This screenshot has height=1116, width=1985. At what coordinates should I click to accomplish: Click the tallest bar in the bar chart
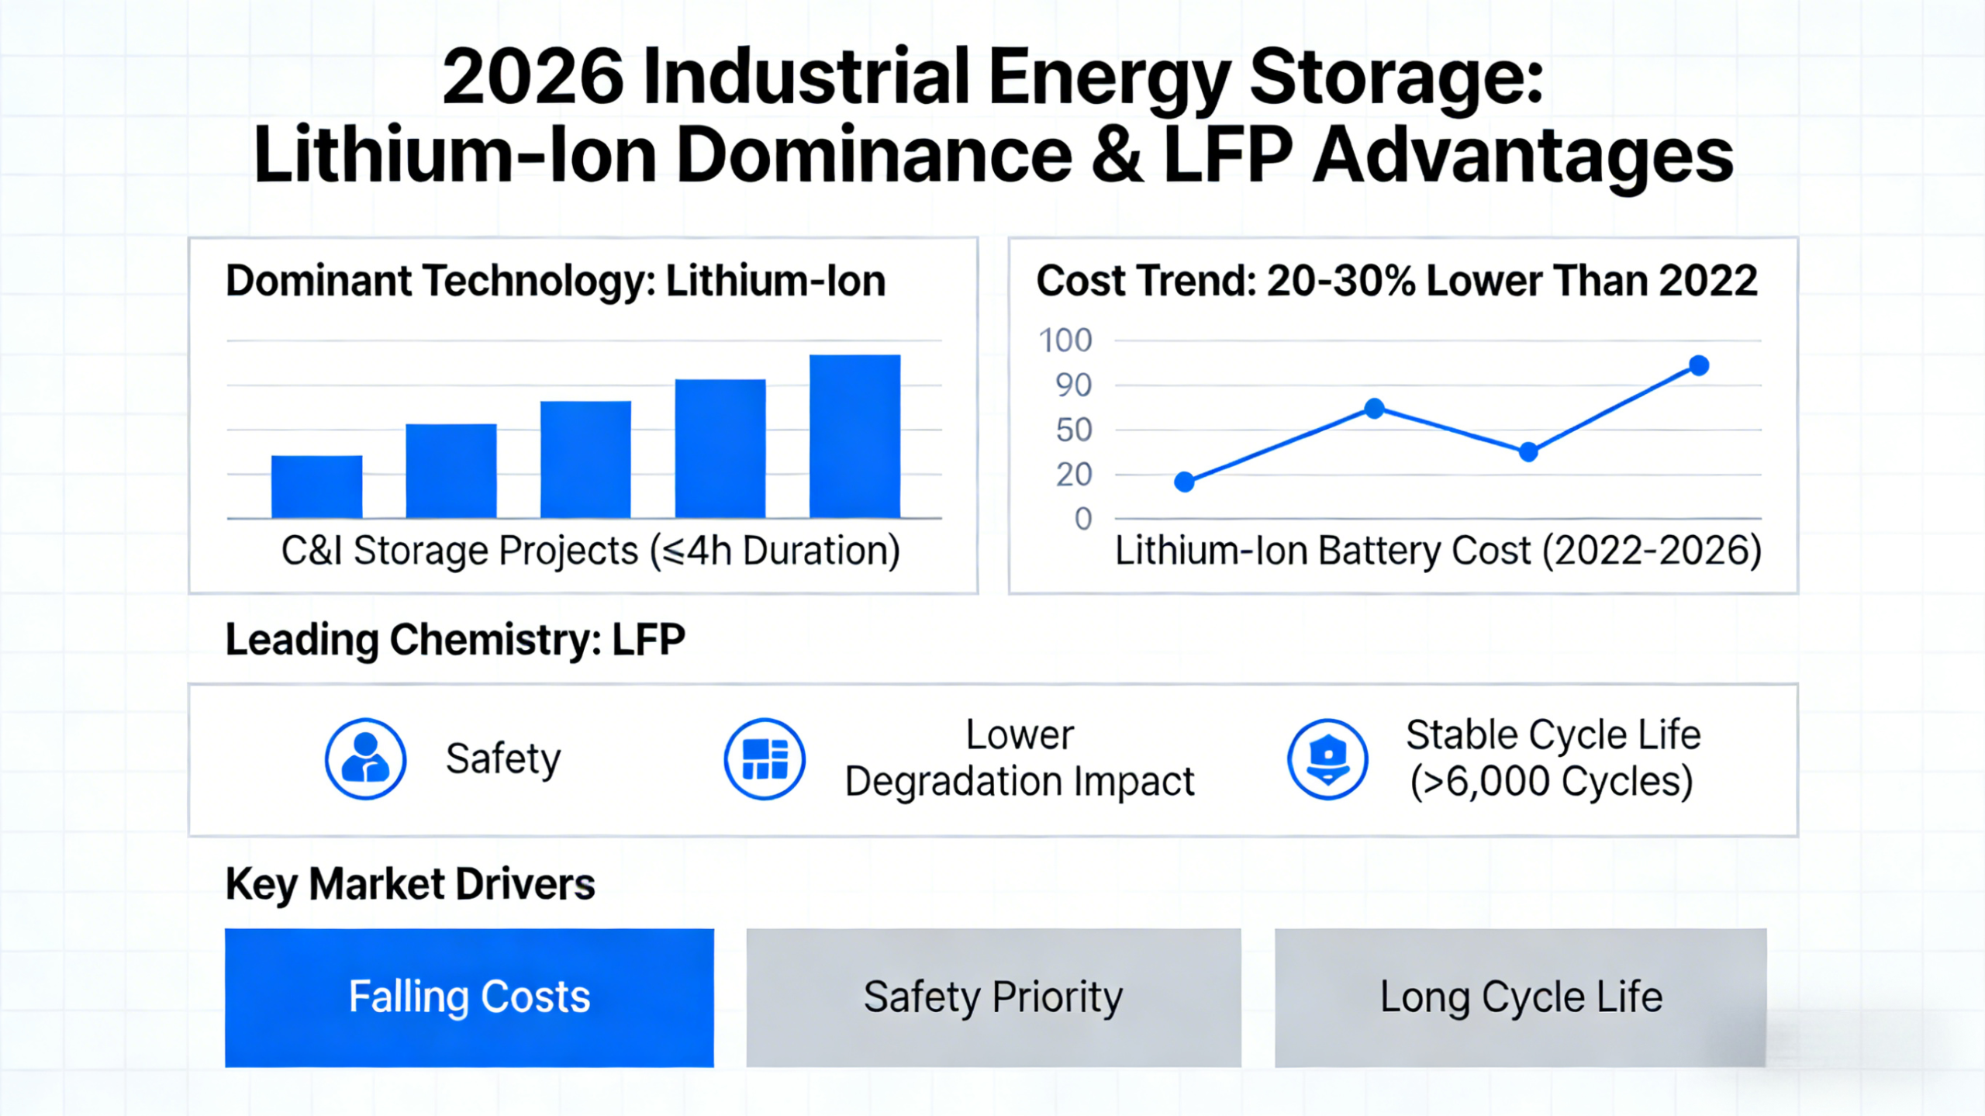click(854, 436)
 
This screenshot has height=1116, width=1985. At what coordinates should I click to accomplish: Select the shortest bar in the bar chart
click(316, 486)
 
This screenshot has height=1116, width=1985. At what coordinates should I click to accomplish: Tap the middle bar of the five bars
click(585, 459)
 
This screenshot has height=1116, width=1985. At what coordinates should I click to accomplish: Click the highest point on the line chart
click(1698, 365)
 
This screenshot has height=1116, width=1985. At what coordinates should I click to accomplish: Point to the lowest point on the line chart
click(1184, 482)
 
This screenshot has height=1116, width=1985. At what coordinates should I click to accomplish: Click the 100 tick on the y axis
click(1065, 340)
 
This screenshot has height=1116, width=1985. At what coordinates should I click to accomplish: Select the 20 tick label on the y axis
click(1073, 475)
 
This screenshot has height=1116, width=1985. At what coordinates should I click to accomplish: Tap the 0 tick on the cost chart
click(1082, 519)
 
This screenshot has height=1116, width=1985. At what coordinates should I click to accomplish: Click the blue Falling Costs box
click(469, 997)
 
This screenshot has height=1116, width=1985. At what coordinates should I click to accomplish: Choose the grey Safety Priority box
click(993, 997)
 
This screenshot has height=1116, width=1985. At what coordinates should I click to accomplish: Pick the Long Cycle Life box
click(1520, 997)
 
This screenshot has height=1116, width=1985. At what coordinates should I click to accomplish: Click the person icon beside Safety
click(365, 758)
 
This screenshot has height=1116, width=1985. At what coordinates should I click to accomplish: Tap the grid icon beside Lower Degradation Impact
click(765, 758)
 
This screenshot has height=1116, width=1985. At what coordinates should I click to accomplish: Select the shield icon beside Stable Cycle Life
click(1327, 758)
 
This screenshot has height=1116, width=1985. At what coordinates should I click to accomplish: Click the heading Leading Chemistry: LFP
click(455, 640)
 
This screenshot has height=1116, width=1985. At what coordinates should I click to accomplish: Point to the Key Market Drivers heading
click(410, 884)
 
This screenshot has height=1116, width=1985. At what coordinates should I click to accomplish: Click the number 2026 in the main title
click(533, 78)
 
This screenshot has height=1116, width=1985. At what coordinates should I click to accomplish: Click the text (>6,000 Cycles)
click(1551, 782)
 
